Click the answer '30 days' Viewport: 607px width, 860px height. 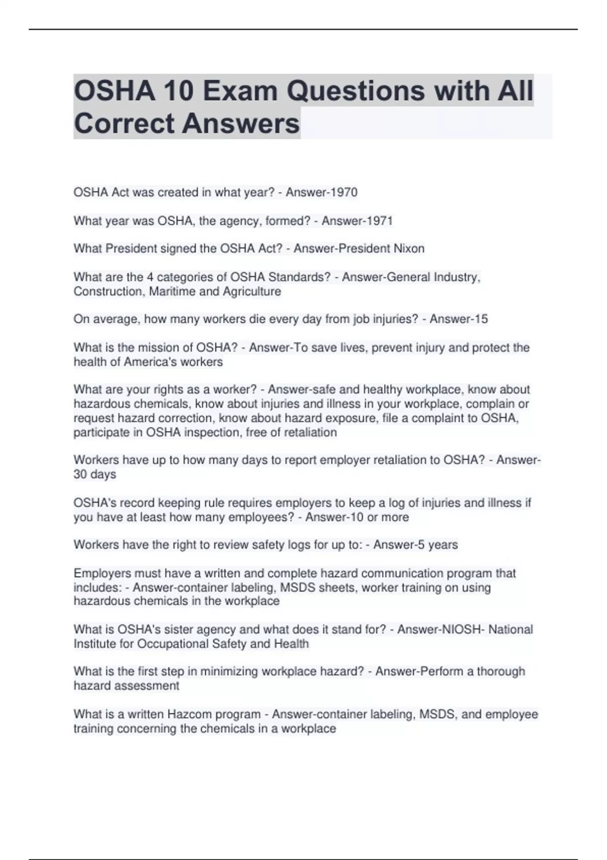point(95,474)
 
